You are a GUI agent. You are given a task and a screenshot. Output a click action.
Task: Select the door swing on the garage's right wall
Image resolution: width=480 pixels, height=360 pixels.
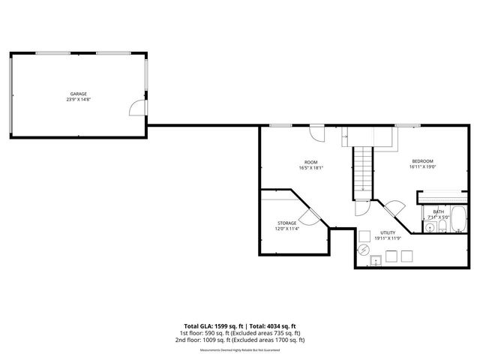[x=136, y=109]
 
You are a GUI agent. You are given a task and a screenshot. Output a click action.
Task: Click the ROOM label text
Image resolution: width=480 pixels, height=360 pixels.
[x=310, y=162]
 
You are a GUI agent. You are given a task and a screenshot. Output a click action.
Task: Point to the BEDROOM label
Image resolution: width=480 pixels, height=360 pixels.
[x=421, y=162]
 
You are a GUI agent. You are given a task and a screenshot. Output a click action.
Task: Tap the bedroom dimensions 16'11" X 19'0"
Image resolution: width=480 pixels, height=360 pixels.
[x=421, y=167]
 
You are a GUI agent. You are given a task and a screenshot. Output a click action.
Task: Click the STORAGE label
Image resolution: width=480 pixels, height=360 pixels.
[x=286, y=223]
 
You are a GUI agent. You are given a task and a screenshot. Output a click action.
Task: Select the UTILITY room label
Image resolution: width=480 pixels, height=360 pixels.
[x=388, y=233]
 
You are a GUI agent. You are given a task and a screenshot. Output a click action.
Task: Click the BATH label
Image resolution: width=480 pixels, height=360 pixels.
[x=437, y=212]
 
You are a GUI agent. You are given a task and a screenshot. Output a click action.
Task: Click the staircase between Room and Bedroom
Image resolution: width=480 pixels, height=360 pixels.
[x=363, y=169]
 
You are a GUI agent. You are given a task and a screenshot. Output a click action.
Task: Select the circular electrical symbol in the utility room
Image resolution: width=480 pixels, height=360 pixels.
[x=363, y=249]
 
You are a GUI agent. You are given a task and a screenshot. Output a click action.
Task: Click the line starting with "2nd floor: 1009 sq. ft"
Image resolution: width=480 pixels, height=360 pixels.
[x=240, y=340]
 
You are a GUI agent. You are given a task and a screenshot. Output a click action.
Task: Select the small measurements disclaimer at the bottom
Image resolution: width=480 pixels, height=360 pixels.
[x=240, y=350]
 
